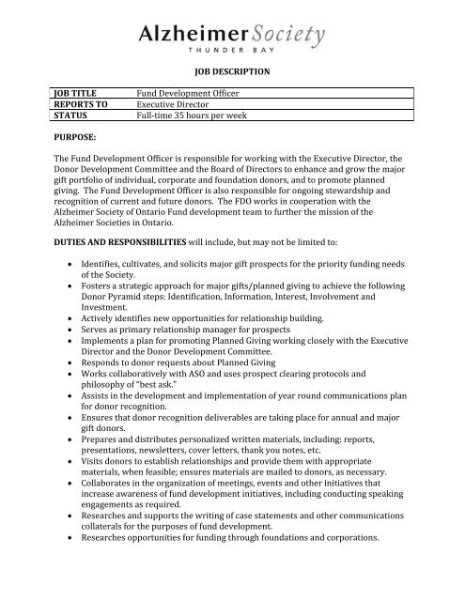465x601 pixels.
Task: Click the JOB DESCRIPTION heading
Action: (233, 71)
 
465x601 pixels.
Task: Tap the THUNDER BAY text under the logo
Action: (233, 54)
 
